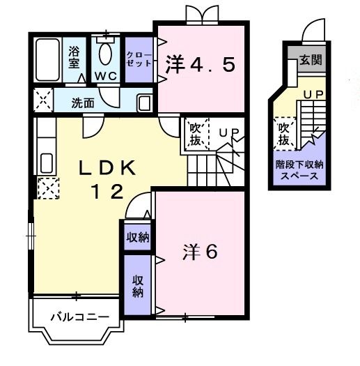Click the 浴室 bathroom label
click(74, 56)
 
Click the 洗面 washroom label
click(84, 102)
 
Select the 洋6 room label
click(201, 251)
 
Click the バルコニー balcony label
click(79, 317)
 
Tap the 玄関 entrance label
click(311, 60)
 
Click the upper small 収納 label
click(138, 237)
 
